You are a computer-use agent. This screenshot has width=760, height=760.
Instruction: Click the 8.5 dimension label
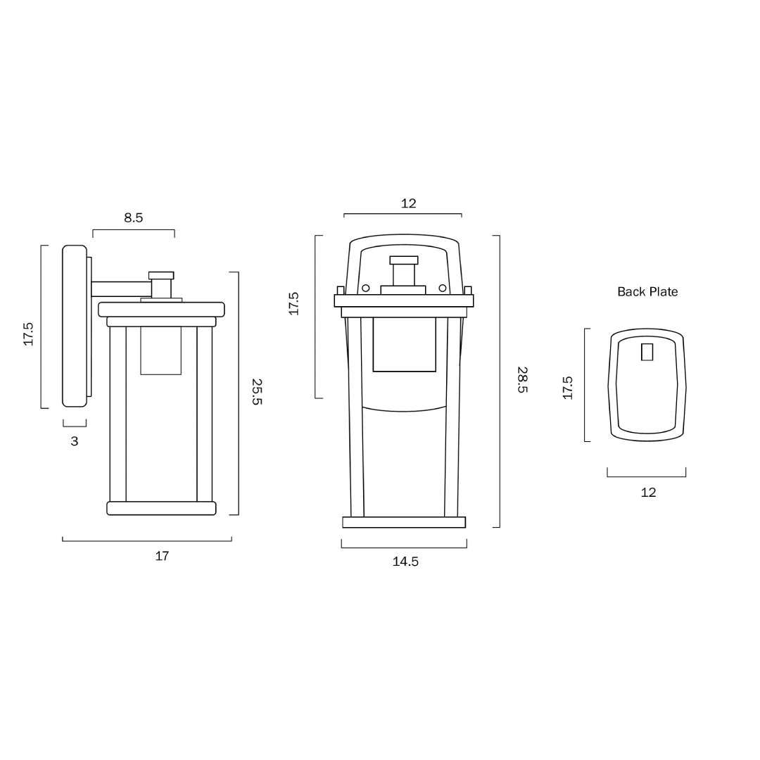pos(133,217)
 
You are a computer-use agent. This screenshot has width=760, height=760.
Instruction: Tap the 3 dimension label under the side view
pos(74,441)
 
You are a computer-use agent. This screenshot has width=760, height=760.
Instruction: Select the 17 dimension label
pos(162,556)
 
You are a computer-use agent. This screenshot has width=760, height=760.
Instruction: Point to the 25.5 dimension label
pos(257,392)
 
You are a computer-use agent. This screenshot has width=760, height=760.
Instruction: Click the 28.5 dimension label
pos(522,379)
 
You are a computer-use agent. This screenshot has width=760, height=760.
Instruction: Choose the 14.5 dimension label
pos(405,562)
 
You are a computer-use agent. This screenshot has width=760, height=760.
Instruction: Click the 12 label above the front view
pos(409,203)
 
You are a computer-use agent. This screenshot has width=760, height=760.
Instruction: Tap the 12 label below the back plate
pos(648,493)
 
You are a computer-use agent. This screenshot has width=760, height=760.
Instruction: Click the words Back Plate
pos(647,292)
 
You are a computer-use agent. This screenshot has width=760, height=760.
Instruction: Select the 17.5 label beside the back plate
pos(568,388)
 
